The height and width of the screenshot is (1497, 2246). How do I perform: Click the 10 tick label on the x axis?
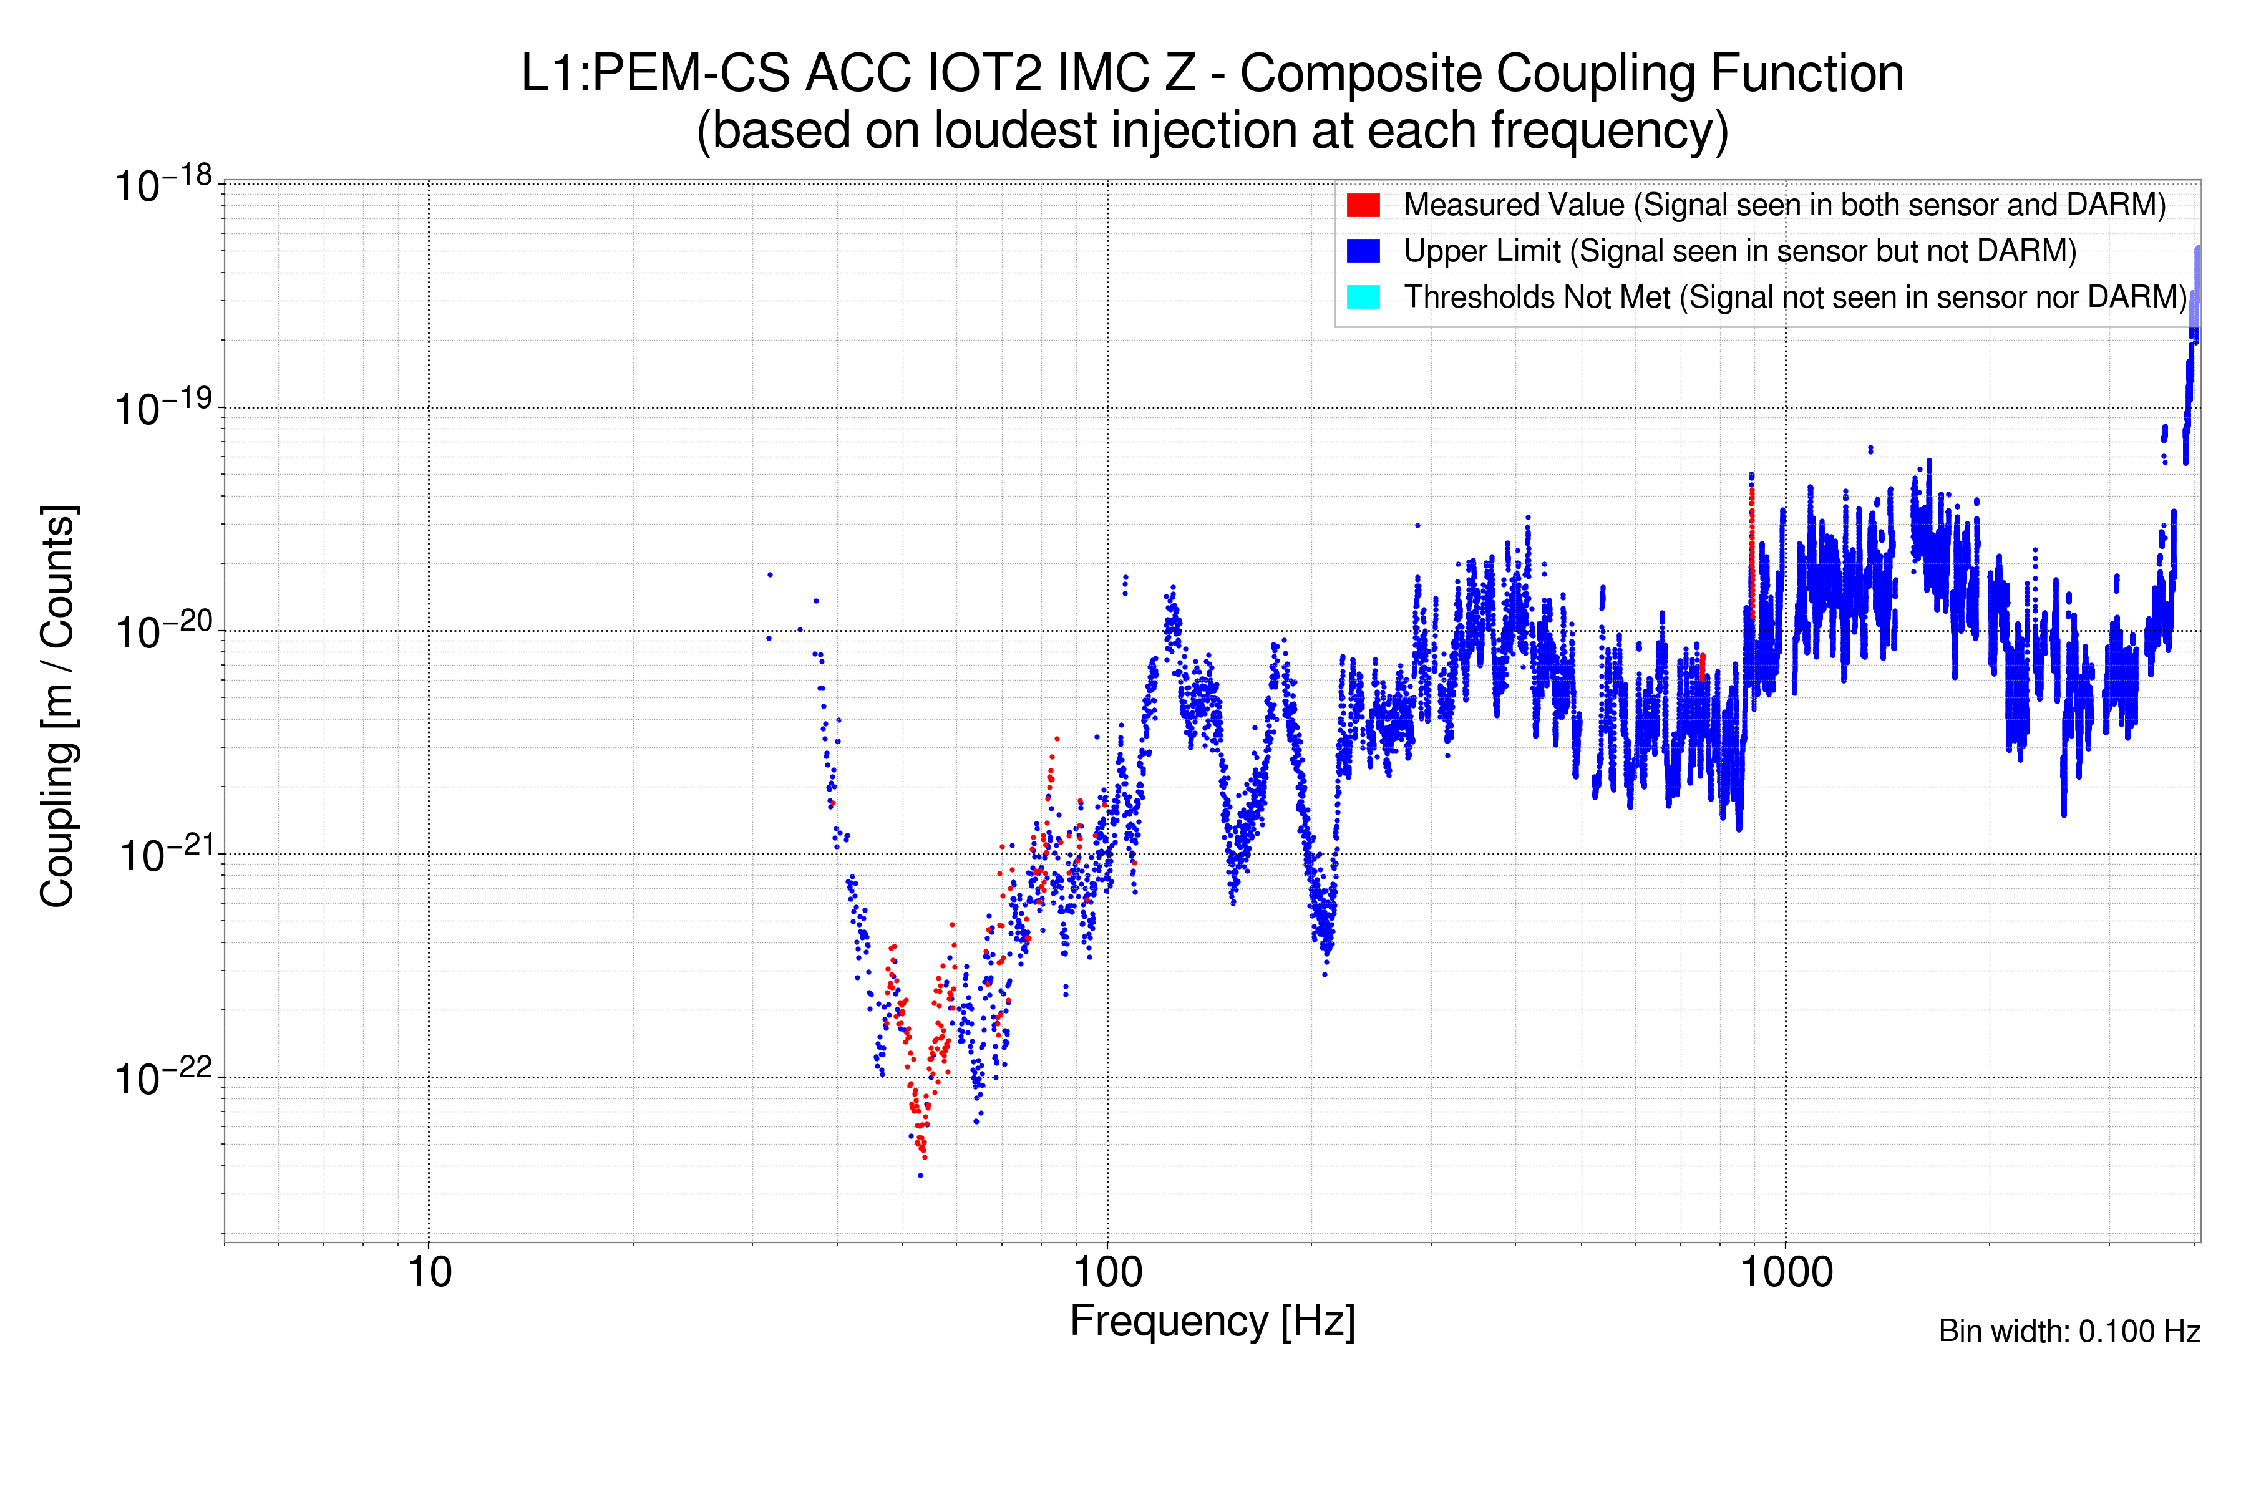(429, 1272)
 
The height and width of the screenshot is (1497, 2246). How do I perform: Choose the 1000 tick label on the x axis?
(1786, 1272)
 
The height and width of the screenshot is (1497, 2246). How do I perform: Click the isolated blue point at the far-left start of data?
(770, 574)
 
